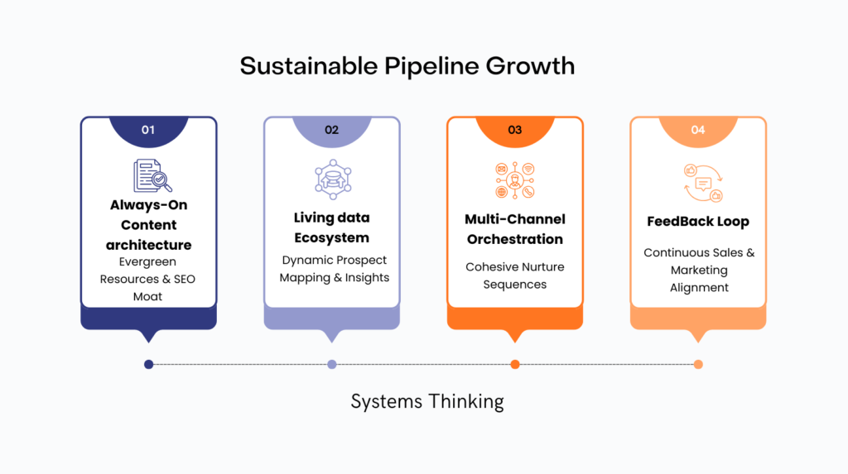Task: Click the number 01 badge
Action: [148, 132]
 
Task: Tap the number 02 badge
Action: [331, 132]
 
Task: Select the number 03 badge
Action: [515, 132]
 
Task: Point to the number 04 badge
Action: [698, 132]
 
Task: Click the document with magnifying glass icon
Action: [152, 175]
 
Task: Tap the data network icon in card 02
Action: [333, 180]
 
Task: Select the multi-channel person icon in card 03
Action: [515, 180]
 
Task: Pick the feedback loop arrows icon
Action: [703, 183]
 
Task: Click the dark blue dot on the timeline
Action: [149, 364]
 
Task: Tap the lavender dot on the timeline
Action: [332, 364]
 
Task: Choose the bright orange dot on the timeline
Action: [515, 364]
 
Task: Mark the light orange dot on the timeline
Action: [698, 364]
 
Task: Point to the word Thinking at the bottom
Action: [466, 402]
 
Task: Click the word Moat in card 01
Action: [147, 296]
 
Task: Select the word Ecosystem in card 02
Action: [331, 237]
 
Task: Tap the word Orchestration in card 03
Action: [515, 239]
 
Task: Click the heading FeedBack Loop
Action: [698, 222]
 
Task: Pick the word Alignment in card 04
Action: [699, 288]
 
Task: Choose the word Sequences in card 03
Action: [515, 285]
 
